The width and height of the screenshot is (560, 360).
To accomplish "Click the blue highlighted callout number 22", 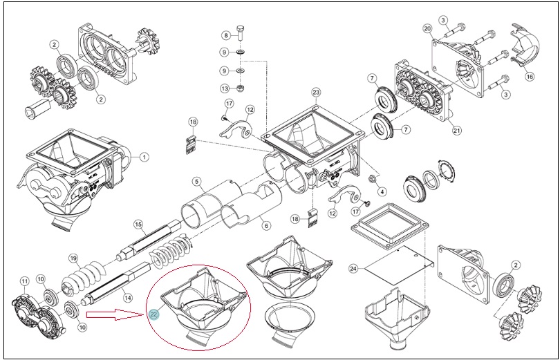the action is pyautogui.click(x=154, y=314).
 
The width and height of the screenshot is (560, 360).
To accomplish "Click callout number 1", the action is pyautogui.click(x=144, y=157).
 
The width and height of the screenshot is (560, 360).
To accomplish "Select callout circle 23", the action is pyautogui.click(x=316, y=93).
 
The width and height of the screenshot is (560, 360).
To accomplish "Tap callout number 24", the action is pyautogui.click(x=353, y=269).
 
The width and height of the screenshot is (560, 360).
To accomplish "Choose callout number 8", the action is pyautogui.click(x=226, y=35).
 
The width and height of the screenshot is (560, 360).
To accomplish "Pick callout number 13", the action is pyautogui.click(x=224, y=88).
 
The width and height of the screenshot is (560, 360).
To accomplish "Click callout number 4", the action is pyautogui.click(x=382, y=191).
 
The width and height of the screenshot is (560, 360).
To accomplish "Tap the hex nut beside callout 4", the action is pyautogui.click(x=371, y=178).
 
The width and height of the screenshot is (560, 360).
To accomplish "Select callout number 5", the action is pyautogui.click(x=196, y=182).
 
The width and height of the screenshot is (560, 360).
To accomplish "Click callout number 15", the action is pyautogui.click(x=138, y=225).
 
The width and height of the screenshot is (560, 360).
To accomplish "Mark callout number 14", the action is pyautogui.click(x=127, y=297).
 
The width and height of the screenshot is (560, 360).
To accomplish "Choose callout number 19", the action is pyautogui.click(x=73, y=258).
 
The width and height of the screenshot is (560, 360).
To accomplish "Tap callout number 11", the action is pyautogui.click(x=24, y=281).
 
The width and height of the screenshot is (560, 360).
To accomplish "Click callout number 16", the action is pyautogui.click(x=530, y=77).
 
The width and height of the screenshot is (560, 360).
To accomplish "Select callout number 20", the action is pyautogui.click(x=427, y=28).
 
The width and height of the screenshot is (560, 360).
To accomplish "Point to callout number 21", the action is pyautogui.click(x=457, y=131).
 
